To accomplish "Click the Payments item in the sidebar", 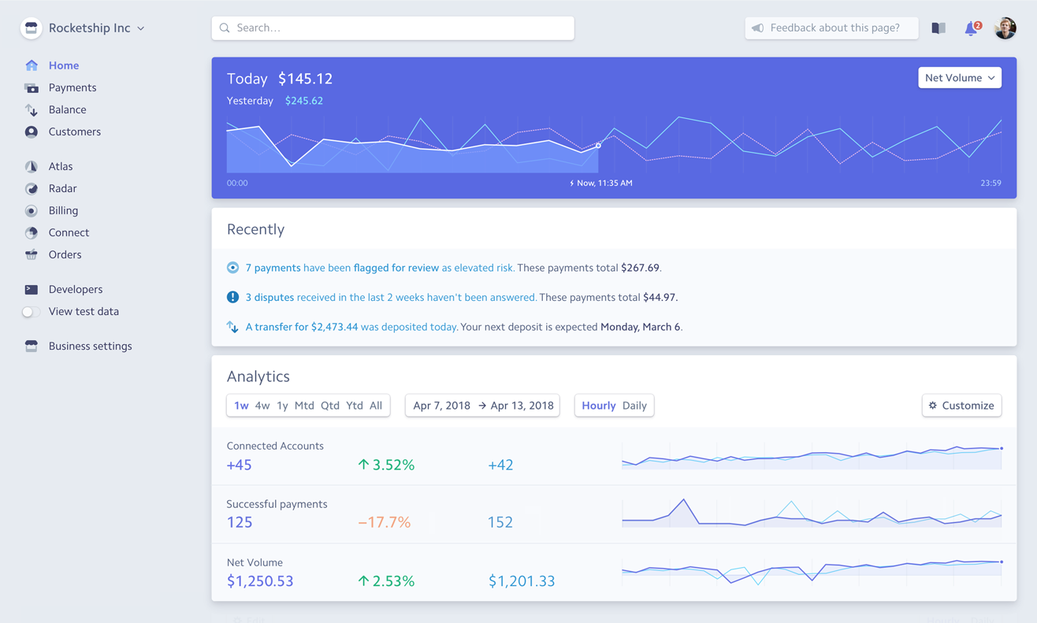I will click(x=72, y=87).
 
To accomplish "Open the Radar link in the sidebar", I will click(x=62, y=188).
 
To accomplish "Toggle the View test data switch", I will click(x=31, y=312).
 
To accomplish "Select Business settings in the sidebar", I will click(x=90, y=346).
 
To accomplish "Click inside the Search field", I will click(x=392, y=28).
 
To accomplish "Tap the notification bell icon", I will click(x=971, y=28).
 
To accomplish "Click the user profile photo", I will click(x=1005, y=28).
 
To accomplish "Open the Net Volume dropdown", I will click(x=959, y=78).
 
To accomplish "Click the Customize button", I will click(x=961, y=406).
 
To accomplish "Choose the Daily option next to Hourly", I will click(x=634, y=406).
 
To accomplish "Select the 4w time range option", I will click(x=262, y=406).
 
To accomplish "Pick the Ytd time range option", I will click(x=355, y=406).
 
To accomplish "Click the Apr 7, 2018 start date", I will click(x=441, y=406).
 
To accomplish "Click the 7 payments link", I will click(x=273, y=268).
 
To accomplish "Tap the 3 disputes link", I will click(x=269, y=297).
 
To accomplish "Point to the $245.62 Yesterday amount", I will click(x=304, y=101).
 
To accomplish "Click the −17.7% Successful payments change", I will click(x=385, y=522).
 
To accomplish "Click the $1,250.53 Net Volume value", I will click(x=260, y=581).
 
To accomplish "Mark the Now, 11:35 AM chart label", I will click(x=604, y=183).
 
